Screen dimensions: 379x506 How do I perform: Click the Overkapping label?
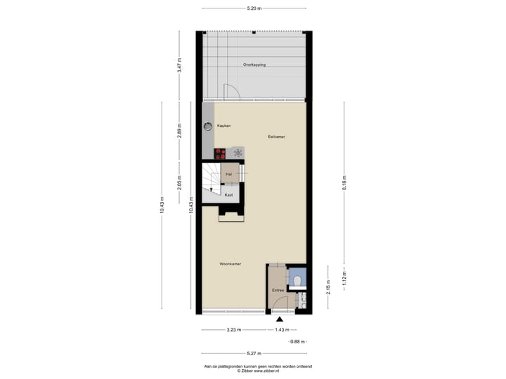pos(254,65)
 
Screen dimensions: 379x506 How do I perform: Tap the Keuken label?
pos(223,126)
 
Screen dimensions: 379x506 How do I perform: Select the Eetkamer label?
pos(276,136)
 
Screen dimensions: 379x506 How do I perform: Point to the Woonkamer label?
pos(231,264)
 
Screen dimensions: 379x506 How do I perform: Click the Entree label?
pos(278,290)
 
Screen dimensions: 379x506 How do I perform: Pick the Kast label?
pos(228,195)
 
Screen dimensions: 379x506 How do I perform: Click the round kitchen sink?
pos(208,126)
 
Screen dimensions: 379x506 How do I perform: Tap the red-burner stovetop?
pos(221,152)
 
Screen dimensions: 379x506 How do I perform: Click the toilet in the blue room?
pos(298,281)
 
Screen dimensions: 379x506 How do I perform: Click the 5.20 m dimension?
pos(254,8)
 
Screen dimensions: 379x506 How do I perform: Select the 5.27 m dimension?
pos(254,353)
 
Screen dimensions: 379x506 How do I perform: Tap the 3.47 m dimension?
pos(180,66)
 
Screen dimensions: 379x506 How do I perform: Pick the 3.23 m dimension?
pos(234,329)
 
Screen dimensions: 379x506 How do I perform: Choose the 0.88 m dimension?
pos(299,341)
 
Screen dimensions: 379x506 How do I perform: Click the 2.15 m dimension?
pos(327,288)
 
